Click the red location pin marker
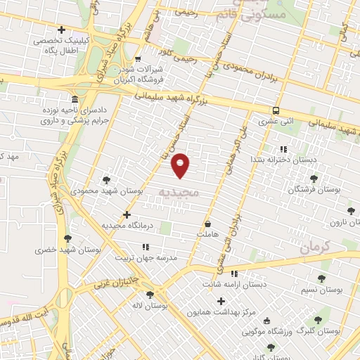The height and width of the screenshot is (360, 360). point(181,165)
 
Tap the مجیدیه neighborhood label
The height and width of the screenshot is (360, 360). point(179,191)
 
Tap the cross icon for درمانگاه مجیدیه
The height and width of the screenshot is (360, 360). point(127,214)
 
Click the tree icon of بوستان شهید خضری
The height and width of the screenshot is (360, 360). point(67,238)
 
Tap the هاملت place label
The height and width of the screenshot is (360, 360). point(209,233)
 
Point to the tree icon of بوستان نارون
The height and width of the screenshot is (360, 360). point(351,210)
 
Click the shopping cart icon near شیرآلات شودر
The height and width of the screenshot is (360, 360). point(137,59)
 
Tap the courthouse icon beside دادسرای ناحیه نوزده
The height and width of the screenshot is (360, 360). point(75,99)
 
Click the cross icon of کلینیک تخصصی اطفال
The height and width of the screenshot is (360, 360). point(62,30)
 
